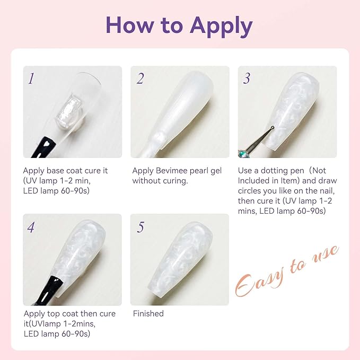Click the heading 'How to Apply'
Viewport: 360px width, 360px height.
(179, 25)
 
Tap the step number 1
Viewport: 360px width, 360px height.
(31, 79)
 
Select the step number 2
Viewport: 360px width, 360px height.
(140, 79)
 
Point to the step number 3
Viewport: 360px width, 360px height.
(247, 79)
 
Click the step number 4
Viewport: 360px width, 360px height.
(31, 227)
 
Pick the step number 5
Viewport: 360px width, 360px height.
(140, 227)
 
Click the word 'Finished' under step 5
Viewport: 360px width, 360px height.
(148, 313)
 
